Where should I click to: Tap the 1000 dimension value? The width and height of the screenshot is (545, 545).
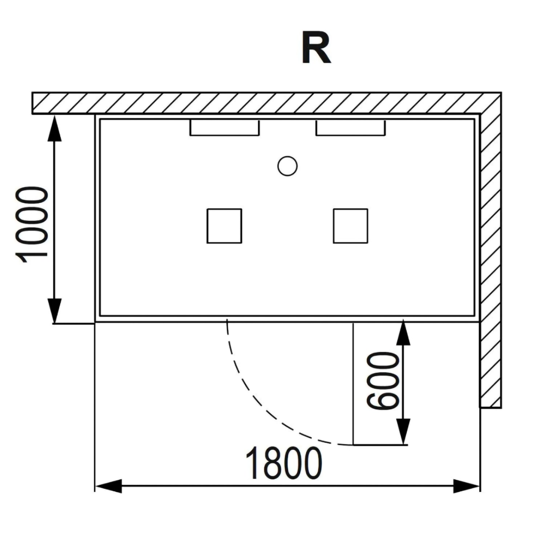tap(32, 224)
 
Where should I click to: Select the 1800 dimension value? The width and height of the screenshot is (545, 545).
tap(284, 463)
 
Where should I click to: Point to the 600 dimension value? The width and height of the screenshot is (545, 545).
tap(383, 380)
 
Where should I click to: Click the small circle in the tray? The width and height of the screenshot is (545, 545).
tap(287, 166)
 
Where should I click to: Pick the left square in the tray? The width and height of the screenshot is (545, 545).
tap(224, 226)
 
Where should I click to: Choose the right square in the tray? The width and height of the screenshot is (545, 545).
tap(350, 226)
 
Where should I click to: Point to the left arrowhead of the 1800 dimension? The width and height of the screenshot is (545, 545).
tap(108, 486)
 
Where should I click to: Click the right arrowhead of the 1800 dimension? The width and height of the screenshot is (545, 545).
tap(467, 486)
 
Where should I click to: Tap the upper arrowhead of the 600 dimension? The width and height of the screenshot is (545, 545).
tap(403, 332)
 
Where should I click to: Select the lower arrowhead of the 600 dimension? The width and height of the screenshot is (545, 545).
tap(403, 432)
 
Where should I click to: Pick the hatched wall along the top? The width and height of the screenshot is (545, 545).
tap(266, 103)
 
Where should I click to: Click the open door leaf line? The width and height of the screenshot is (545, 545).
tap(353, 383)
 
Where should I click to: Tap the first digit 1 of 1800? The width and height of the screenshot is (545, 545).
tap(253, 463)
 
